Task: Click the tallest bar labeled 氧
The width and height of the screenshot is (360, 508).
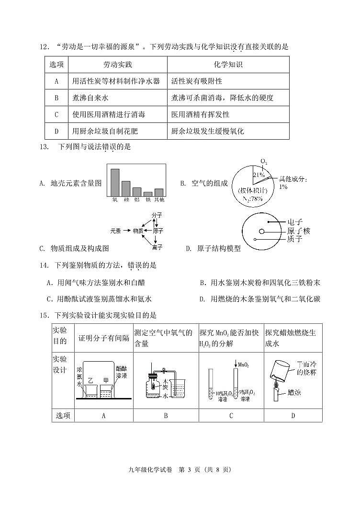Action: pyautogui.click(x=115, y=182)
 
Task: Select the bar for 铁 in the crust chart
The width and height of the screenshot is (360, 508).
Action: pyautogui.click(x=148, y=193)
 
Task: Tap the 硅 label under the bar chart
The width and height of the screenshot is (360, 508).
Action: pyautogui.click(x=126, y=199)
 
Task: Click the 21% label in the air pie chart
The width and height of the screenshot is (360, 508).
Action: pyautogui.click(x=259, y=175)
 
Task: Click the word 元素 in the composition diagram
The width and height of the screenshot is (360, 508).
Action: pyautogui.click(x=115, y=231)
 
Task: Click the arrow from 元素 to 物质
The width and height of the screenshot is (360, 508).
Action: pyautogui.click(x=127, y=231)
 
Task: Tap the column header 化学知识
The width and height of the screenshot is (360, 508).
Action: pyautogui.click(x=228, y=65)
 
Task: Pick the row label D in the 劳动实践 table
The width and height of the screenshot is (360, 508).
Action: pyautogui.click(x=56, y=131)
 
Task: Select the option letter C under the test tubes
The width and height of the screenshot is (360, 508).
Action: pyautogui.click(x=230, y=416)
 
